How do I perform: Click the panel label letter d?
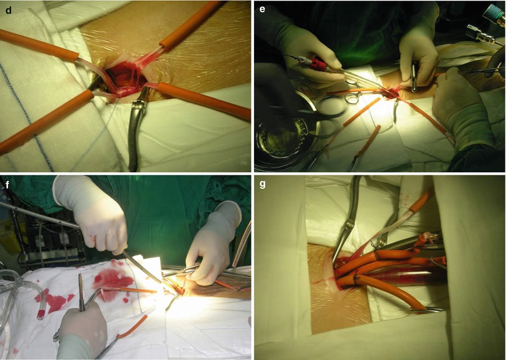pos(9,10)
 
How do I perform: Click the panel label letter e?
pos(262,9)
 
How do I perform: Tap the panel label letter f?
pos(8,185)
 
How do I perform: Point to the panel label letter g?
pos(263,185)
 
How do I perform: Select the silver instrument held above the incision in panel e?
pos(414,78)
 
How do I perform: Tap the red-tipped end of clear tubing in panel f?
pos(41,313)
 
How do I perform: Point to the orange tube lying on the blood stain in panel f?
pos(129,290)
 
